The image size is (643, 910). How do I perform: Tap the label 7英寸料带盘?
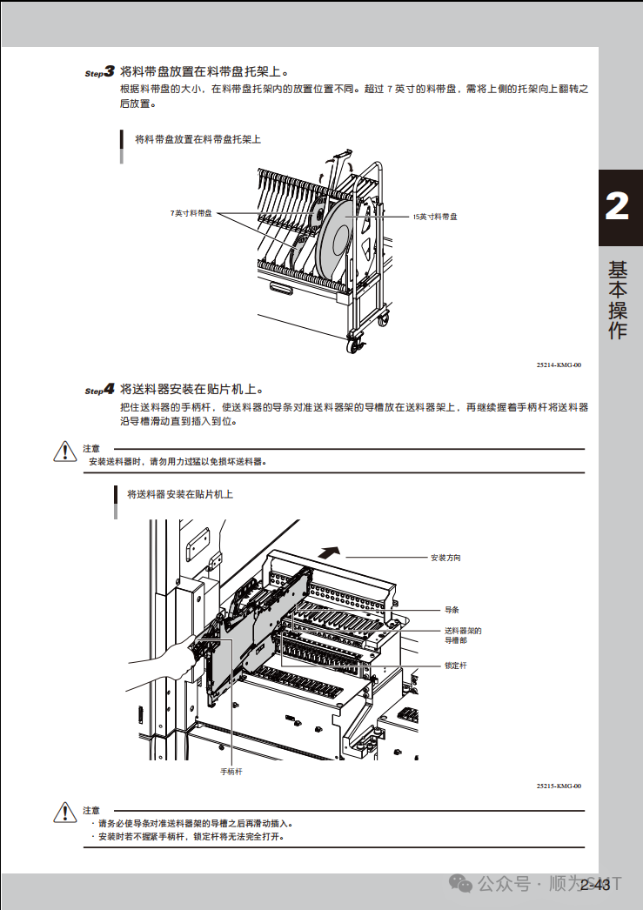[191, 213]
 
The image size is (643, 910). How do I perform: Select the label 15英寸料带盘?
[435, 217]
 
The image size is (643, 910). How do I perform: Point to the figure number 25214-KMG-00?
[559, 365]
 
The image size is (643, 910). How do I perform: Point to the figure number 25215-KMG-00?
[559, 786]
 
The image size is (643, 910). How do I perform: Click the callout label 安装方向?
[445, 558]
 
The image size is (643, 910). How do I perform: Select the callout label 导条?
[452, 611]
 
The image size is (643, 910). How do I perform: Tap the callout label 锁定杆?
[455, 666]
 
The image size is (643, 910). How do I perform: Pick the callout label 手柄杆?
[231, 772]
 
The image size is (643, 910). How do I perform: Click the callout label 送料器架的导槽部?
[462, 635]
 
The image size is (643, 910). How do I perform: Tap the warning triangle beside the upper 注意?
[65, 452]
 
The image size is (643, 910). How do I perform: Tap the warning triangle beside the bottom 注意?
[65, 812]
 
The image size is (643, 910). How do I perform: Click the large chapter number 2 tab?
[617, 207]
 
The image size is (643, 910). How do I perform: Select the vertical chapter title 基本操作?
[617, 300]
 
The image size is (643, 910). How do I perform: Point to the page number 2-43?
[594, 886]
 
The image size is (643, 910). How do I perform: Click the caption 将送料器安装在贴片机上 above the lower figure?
[180, 495]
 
